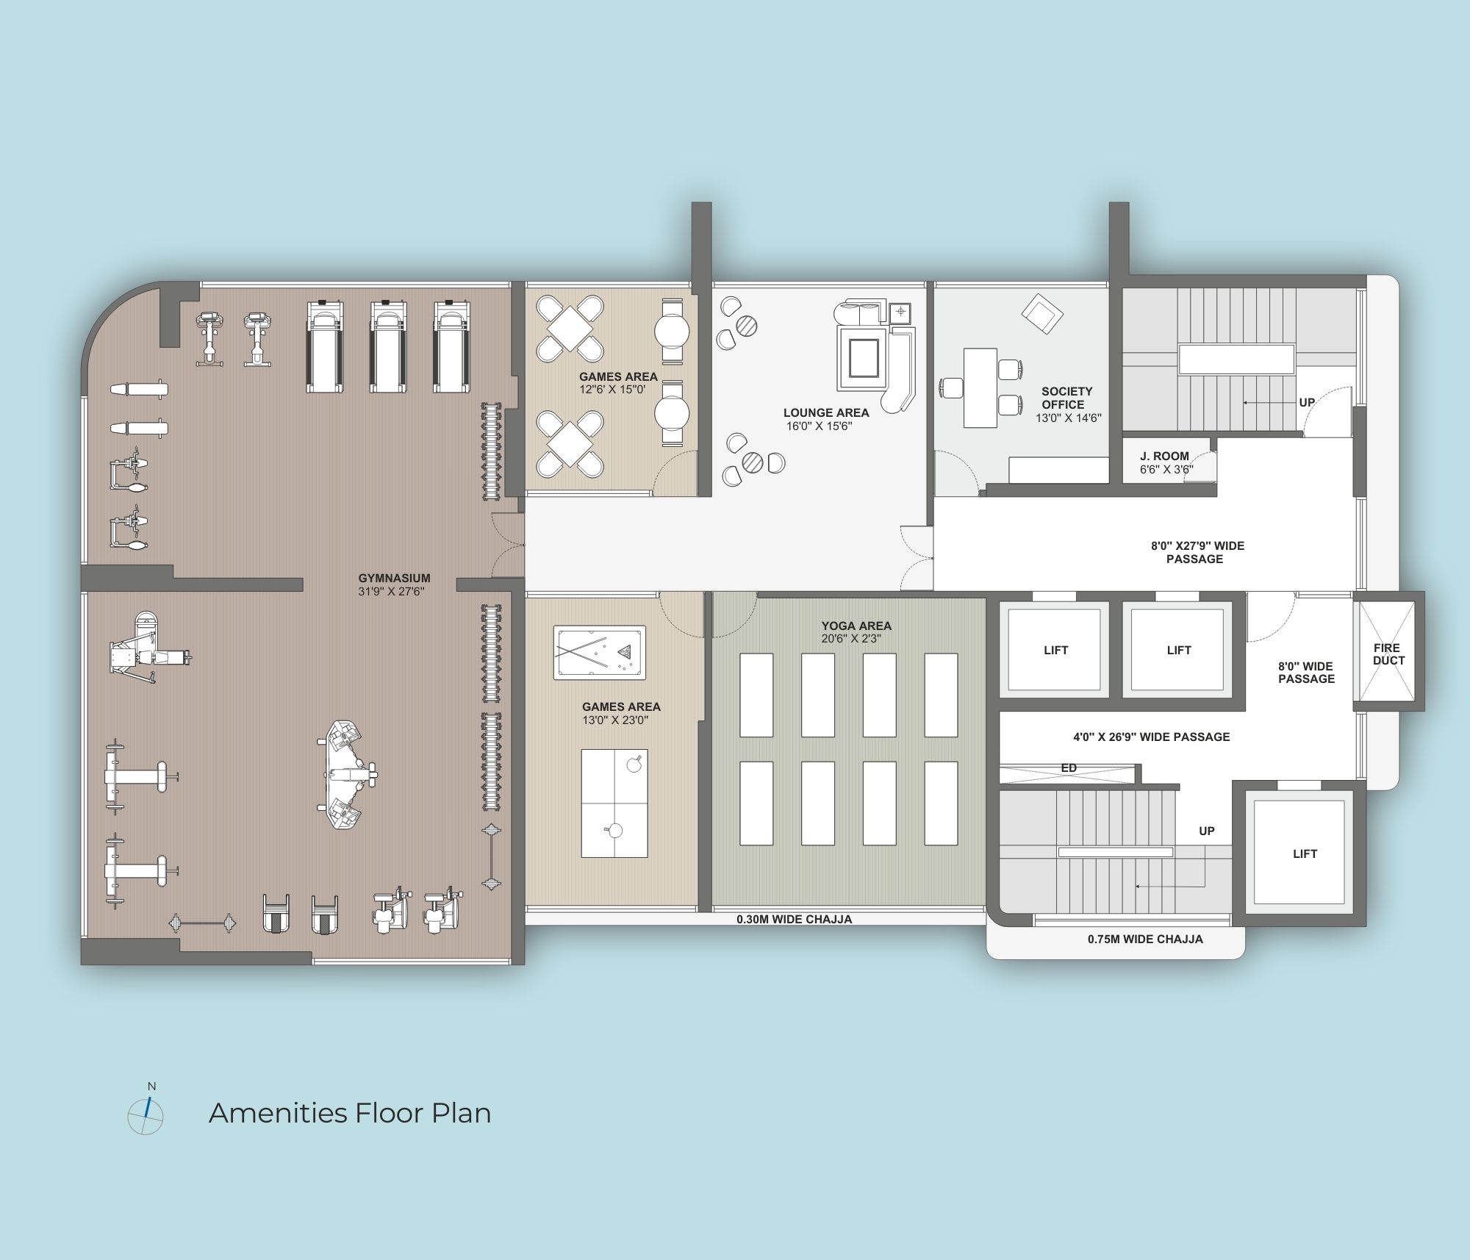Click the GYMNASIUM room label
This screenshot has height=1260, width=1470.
(394, 578)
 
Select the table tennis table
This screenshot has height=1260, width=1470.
(614, 803)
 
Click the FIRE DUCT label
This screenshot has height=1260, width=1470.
(1388, 654)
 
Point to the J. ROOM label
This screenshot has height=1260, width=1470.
(1164, 456)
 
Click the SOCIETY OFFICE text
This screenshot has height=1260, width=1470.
(1066, 398)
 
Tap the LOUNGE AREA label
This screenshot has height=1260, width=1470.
(826, 412)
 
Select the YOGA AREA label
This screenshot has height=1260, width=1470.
(856, 626)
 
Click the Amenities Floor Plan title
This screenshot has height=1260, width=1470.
(350, 1113)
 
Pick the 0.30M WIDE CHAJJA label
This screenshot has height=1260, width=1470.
(795, 919)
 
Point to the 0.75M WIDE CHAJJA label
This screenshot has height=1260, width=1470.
(1145, 939)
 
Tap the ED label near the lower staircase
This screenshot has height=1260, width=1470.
(1069, 768)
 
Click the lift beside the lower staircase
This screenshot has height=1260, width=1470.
(1299, 853)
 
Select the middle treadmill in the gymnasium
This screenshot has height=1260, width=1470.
(388, 346)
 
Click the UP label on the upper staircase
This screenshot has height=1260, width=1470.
(1307, 402)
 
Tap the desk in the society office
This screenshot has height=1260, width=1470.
(980, 388)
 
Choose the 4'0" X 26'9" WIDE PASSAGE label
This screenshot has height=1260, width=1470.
(1151, 737)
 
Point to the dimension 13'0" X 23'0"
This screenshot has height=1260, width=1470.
(615, 720)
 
